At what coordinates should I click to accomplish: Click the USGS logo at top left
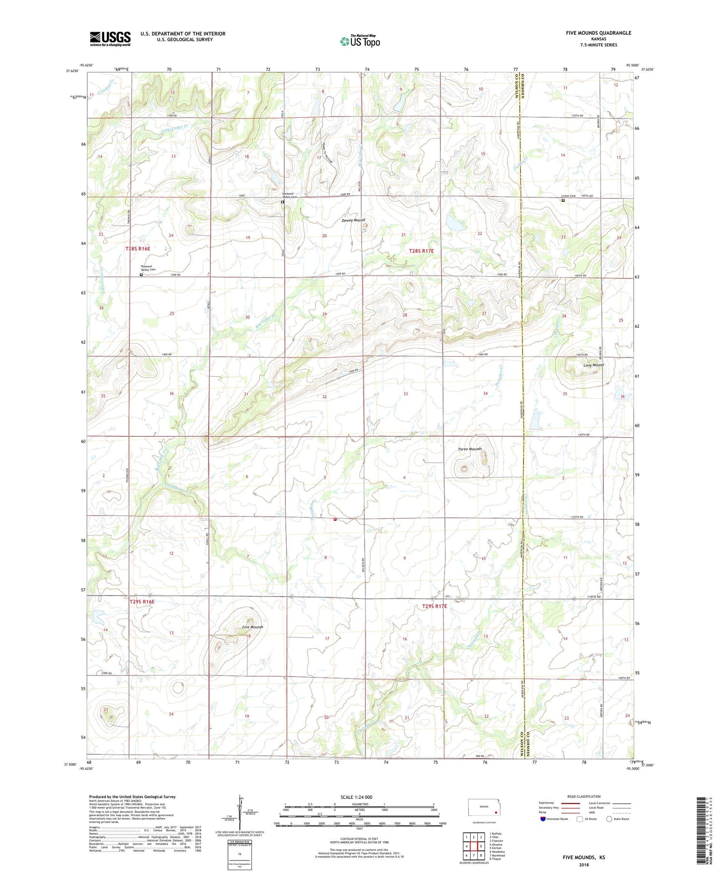pyautogui.click(x=110, y=39)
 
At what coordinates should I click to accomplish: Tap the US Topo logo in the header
pyautogui.click(x=360, y=42)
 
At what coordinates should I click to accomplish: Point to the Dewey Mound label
pyautogui.click(x=353, y=221)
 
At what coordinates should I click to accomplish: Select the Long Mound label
pyautogui.click(x=593, y=365)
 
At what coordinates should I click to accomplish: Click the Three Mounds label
pyautogui.click(x=470, y=449)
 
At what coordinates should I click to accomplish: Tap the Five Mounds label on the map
pyautogui.click(x=252, y=627)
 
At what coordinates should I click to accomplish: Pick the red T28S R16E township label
pyautogui.click(x=138, y=249)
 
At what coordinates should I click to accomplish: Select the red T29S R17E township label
pyautogui.click(x=434, y=607)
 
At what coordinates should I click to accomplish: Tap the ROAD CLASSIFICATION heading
pyautogui.click(x=584, y=796)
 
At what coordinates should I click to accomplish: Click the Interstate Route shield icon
pyautogui.click(x=543, y=819)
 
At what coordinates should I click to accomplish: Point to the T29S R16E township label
pyautogui.click(x=142, y=602)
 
